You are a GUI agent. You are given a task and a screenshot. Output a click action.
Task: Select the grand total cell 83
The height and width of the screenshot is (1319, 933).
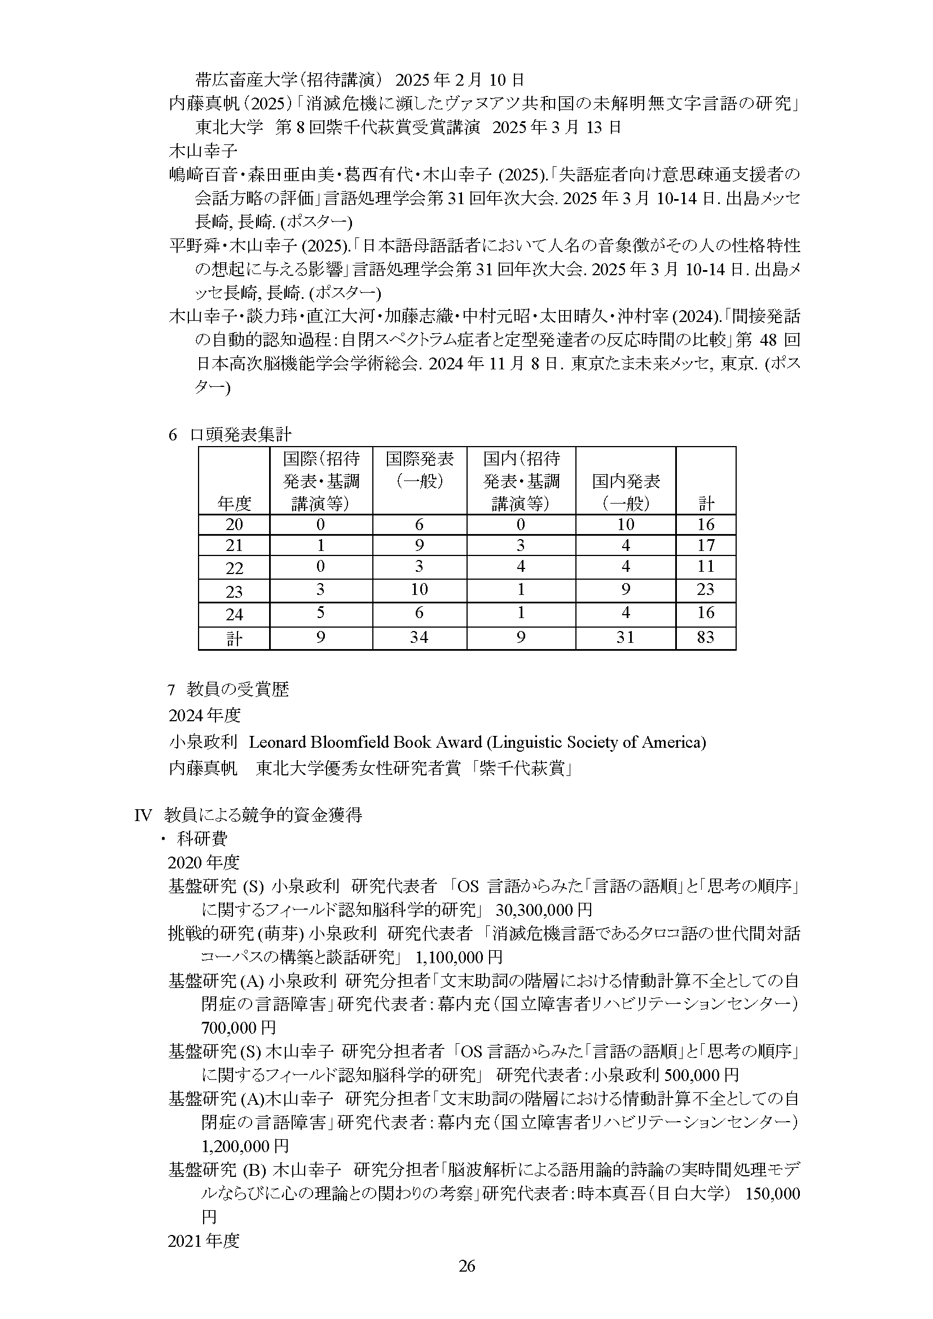pos(705,637)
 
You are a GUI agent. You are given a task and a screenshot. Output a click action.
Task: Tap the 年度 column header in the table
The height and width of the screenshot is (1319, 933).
pos(234,504)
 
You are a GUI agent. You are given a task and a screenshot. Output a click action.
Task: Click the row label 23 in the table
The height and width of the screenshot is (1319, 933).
pos(234,591)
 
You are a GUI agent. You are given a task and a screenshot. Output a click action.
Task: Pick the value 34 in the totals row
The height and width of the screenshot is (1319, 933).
pos(419,637)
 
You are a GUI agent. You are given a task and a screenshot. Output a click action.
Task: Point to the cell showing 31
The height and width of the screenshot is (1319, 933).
pos(625,637)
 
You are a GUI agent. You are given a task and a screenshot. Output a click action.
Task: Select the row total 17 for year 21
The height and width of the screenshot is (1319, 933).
pos(705,545)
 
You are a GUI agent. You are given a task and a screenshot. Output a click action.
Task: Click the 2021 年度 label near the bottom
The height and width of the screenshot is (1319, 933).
pos(203,1241)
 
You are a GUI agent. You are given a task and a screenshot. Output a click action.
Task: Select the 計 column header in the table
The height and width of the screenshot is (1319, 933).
pos(705,504)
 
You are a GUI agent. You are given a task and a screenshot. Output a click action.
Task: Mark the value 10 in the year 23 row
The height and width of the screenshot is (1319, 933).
pos(419,589)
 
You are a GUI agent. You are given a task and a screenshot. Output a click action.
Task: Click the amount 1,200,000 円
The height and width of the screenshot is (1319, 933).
pos(245,1145)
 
